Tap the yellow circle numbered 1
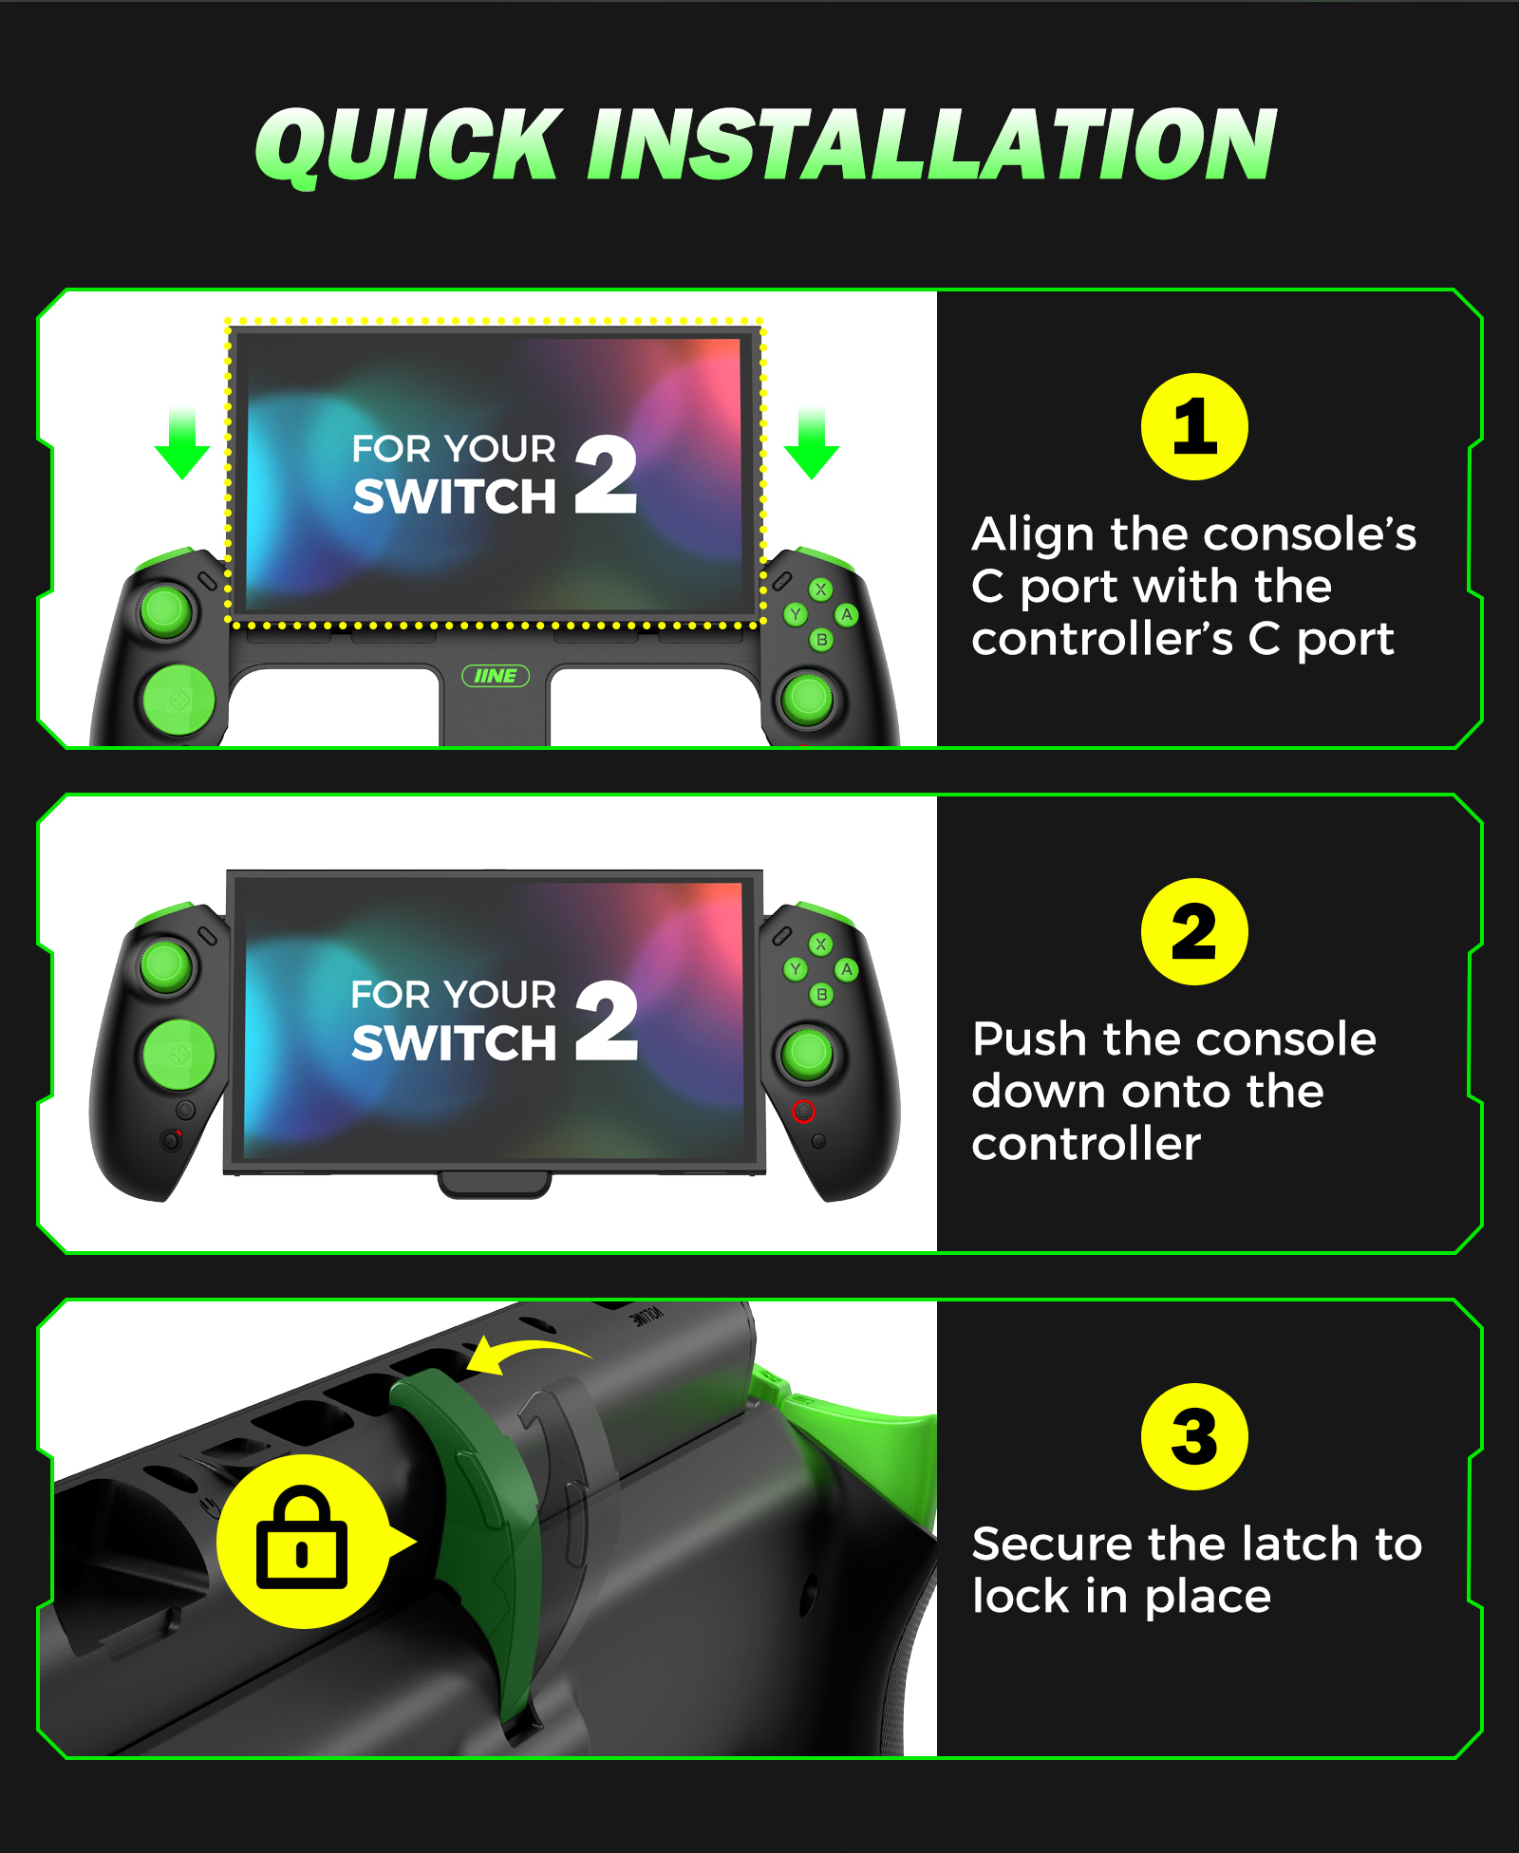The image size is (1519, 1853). [x=1194, y=427]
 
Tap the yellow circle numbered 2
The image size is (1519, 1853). [x=1194, y=932]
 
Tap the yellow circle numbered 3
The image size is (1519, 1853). [x=1194, y=1437]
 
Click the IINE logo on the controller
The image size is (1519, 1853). [x=496, y=676]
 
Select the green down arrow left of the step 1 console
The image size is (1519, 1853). [x=181, y=442]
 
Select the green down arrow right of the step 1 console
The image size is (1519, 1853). [x=812, y=442]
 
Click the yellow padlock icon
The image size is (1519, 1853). [x=302, y=1539]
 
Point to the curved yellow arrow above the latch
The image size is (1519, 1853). [x=532, y=1349]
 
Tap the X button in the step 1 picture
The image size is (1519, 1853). [x=821, y=590]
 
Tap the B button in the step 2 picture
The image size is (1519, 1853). [x=821, y=995]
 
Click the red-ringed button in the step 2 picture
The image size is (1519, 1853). [x=803, y=1112]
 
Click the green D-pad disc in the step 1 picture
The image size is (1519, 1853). [x=178, y=701]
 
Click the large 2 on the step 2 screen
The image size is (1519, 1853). [x=607, y=1021]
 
